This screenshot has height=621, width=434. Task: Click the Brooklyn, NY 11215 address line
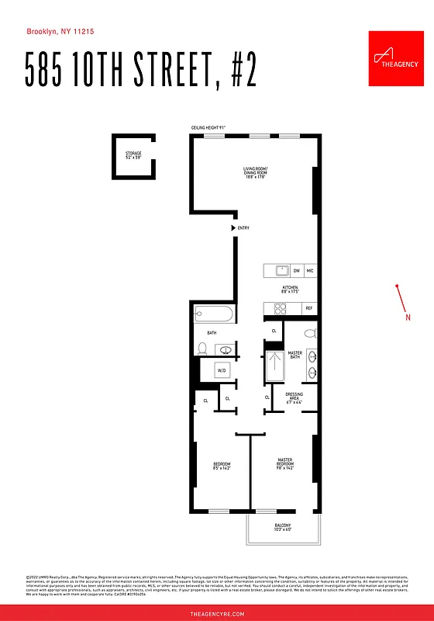pos(60,32)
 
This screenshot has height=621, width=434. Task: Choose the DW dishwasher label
pos(296,271)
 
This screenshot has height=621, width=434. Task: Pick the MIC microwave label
pos(310,271)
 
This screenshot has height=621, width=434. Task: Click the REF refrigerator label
pos(309,308)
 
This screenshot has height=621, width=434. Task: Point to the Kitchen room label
pos(290,290)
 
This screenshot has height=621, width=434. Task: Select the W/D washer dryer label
pos(222,370)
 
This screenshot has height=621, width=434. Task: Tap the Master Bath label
pos(294,356)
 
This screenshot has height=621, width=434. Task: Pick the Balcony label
pos(283,528)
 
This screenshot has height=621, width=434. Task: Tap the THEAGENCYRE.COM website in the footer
pos(217,613)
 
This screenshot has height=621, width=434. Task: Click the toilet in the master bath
pos(309,334)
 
